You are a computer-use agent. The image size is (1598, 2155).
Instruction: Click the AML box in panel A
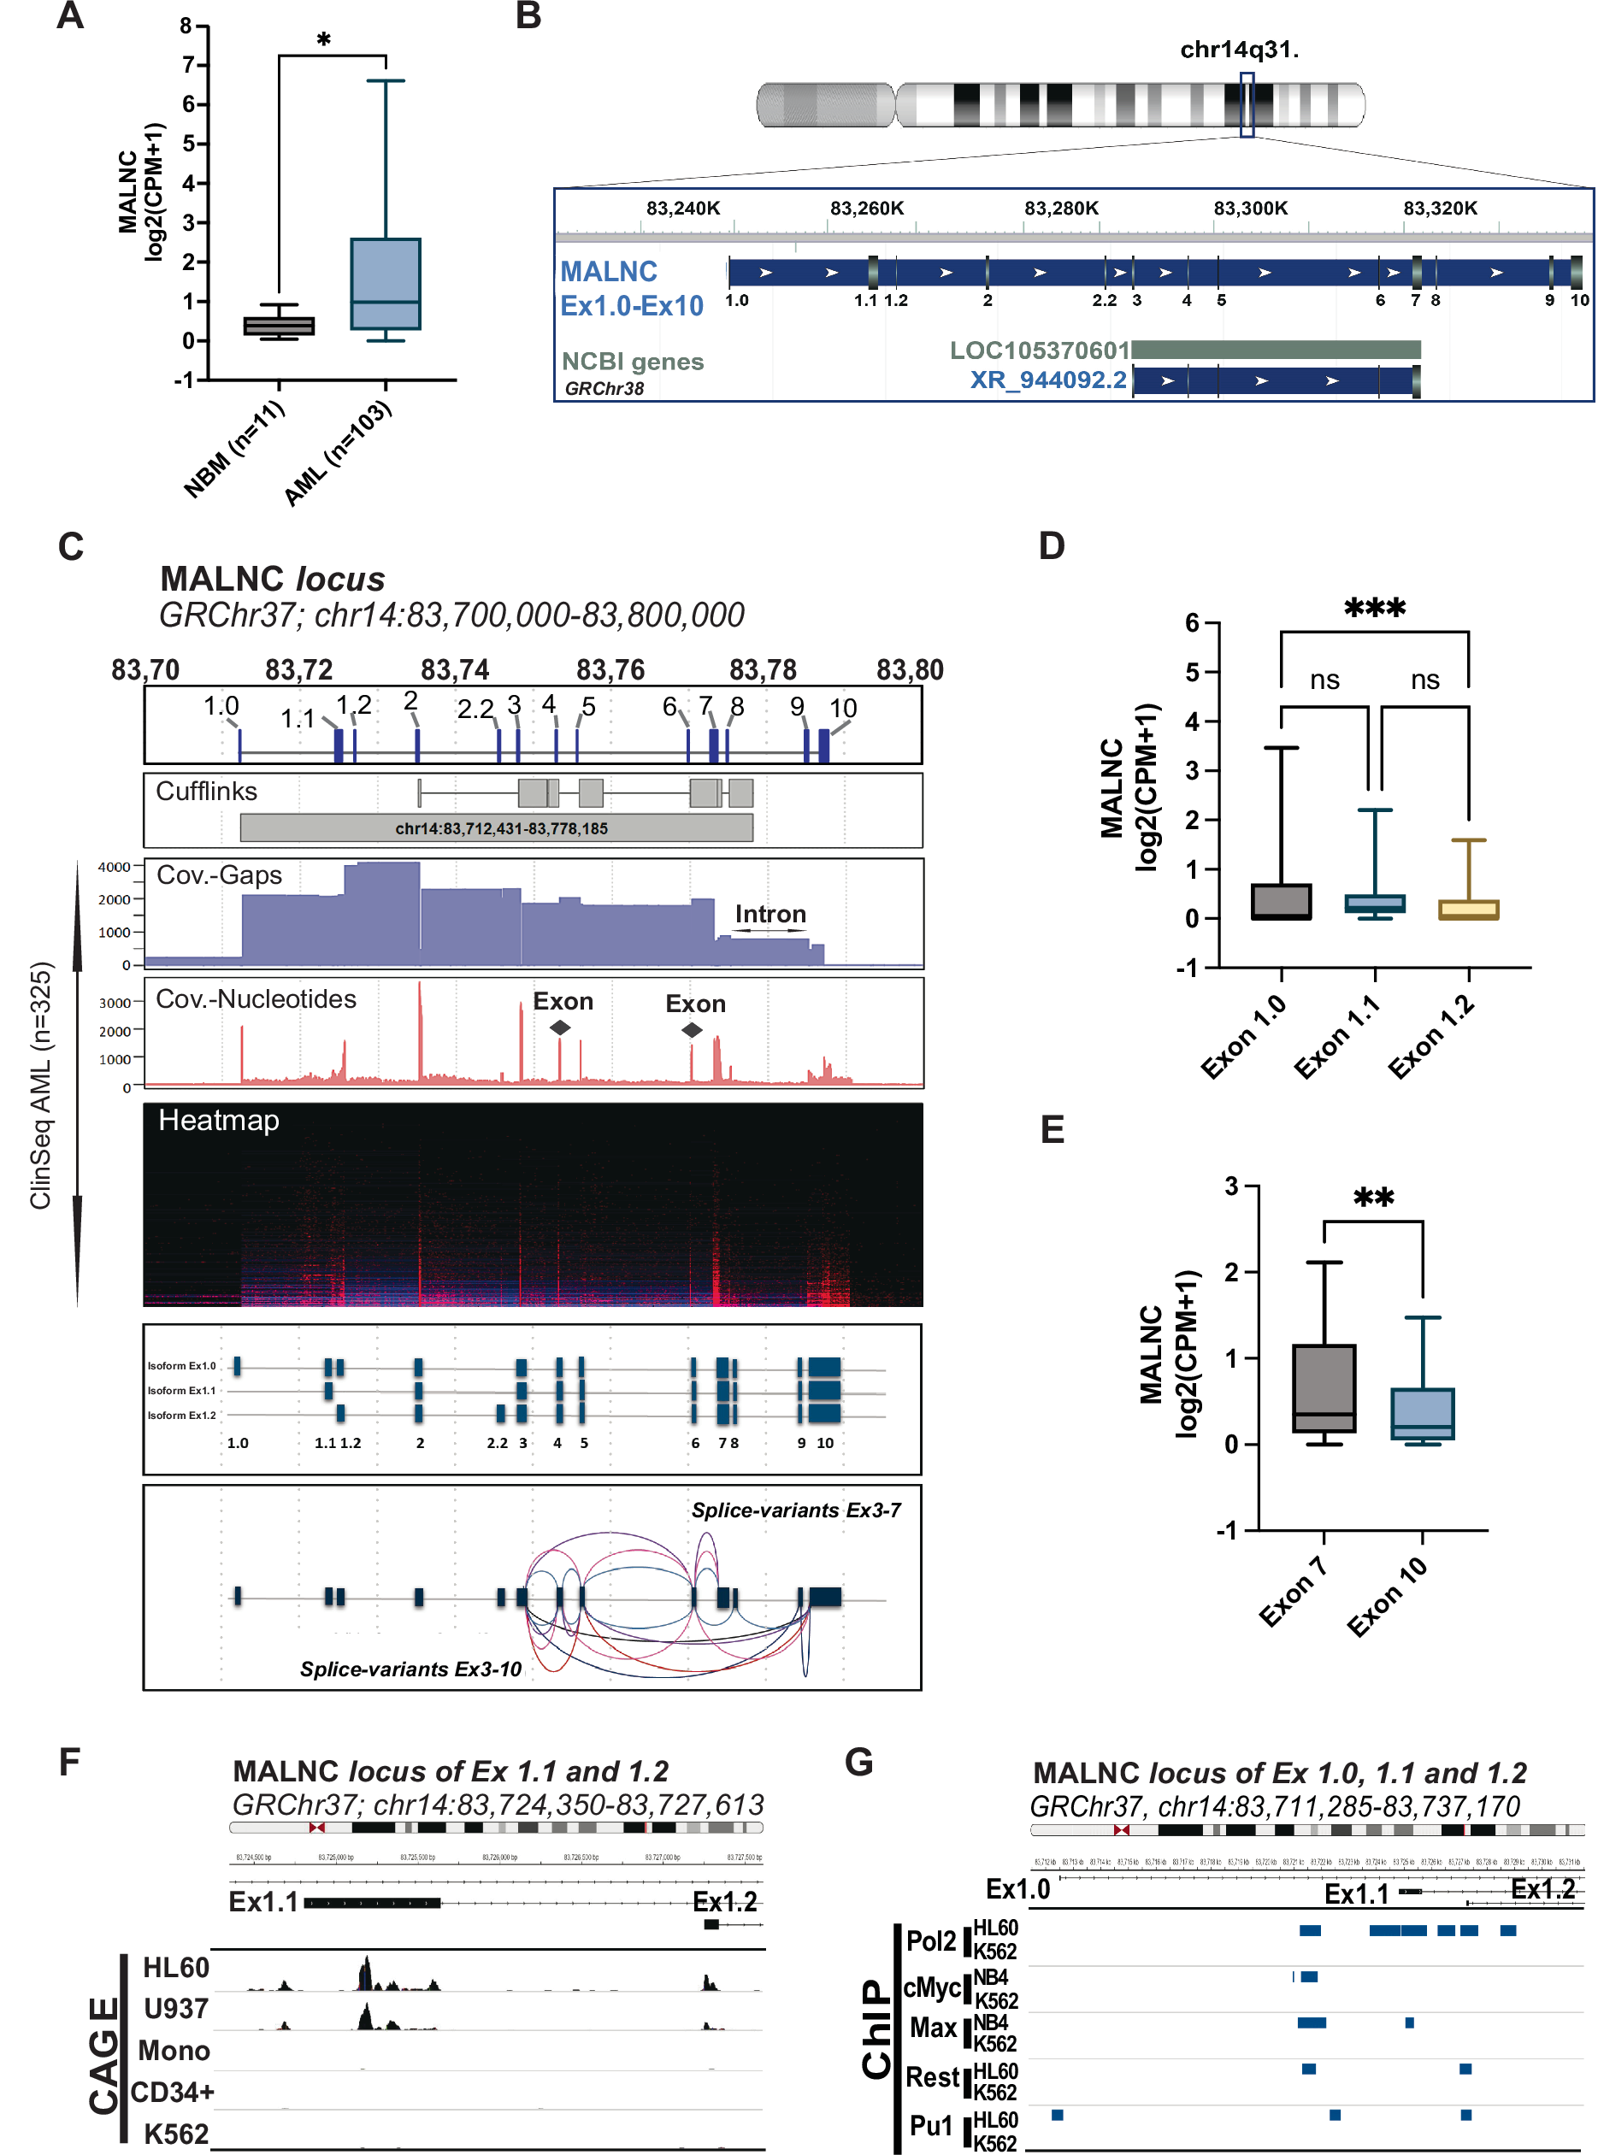(x=385, y=284)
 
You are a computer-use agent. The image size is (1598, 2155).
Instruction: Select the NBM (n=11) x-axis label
(x=235, y=450)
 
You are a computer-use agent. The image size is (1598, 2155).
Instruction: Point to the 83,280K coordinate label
(x=1061, y=208)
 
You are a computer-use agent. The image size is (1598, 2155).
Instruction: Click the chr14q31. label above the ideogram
(x=1238, y=50)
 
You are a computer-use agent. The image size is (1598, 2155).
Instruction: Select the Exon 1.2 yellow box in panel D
(x=1467, y=910)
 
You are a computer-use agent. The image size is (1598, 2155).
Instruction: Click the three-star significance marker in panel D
(x=1374, y=609)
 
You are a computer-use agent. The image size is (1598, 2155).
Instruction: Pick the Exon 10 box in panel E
(x=1422, y=1413)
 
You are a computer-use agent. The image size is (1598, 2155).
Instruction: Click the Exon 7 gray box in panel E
(x=1324, y=1388)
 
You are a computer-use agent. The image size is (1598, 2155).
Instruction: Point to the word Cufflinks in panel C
(x=206, y=792)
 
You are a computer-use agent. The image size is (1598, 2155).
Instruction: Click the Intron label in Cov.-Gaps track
(x=770, y=914)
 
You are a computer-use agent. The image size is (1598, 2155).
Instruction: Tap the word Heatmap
(x=219, y=1120)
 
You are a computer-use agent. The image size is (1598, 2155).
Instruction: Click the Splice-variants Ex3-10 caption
(x=410, y=1669)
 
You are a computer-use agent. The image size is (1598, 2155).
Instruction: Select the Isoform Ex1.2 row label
(x=181, y=1415)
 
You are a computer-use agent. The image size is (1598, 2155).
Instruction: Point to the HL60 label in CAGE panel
(x=175, y=1967)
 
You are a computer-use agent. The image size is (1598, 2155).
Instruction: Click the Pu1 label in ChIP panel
(x=930, y=2125)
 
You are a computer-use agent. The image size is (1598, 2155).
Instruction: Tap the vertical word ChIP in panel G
(x=876, y=2028)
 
